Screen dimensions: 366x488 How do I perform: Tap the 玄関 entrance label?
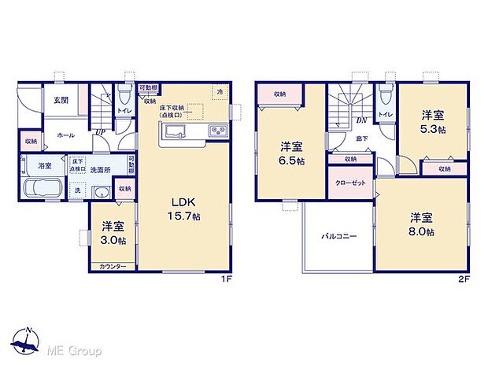61,101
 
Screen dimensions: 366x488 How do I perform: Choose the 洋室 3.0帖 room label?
114,234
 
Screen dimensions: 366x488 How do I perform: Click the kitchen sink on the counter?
176,131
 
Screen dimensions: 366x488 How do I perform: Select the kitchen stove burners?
216,131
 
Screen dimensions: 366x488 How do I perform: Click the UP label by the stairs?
101,132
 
